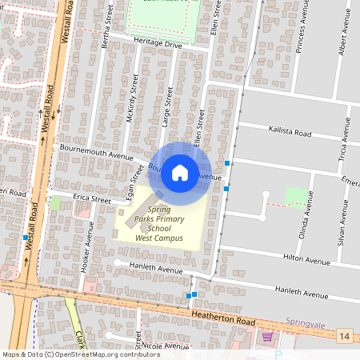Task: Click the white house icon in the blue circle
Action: point(180,172)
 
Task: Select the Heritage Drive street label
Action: point(158,46)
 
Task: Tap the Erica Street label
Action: point(91,198)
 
